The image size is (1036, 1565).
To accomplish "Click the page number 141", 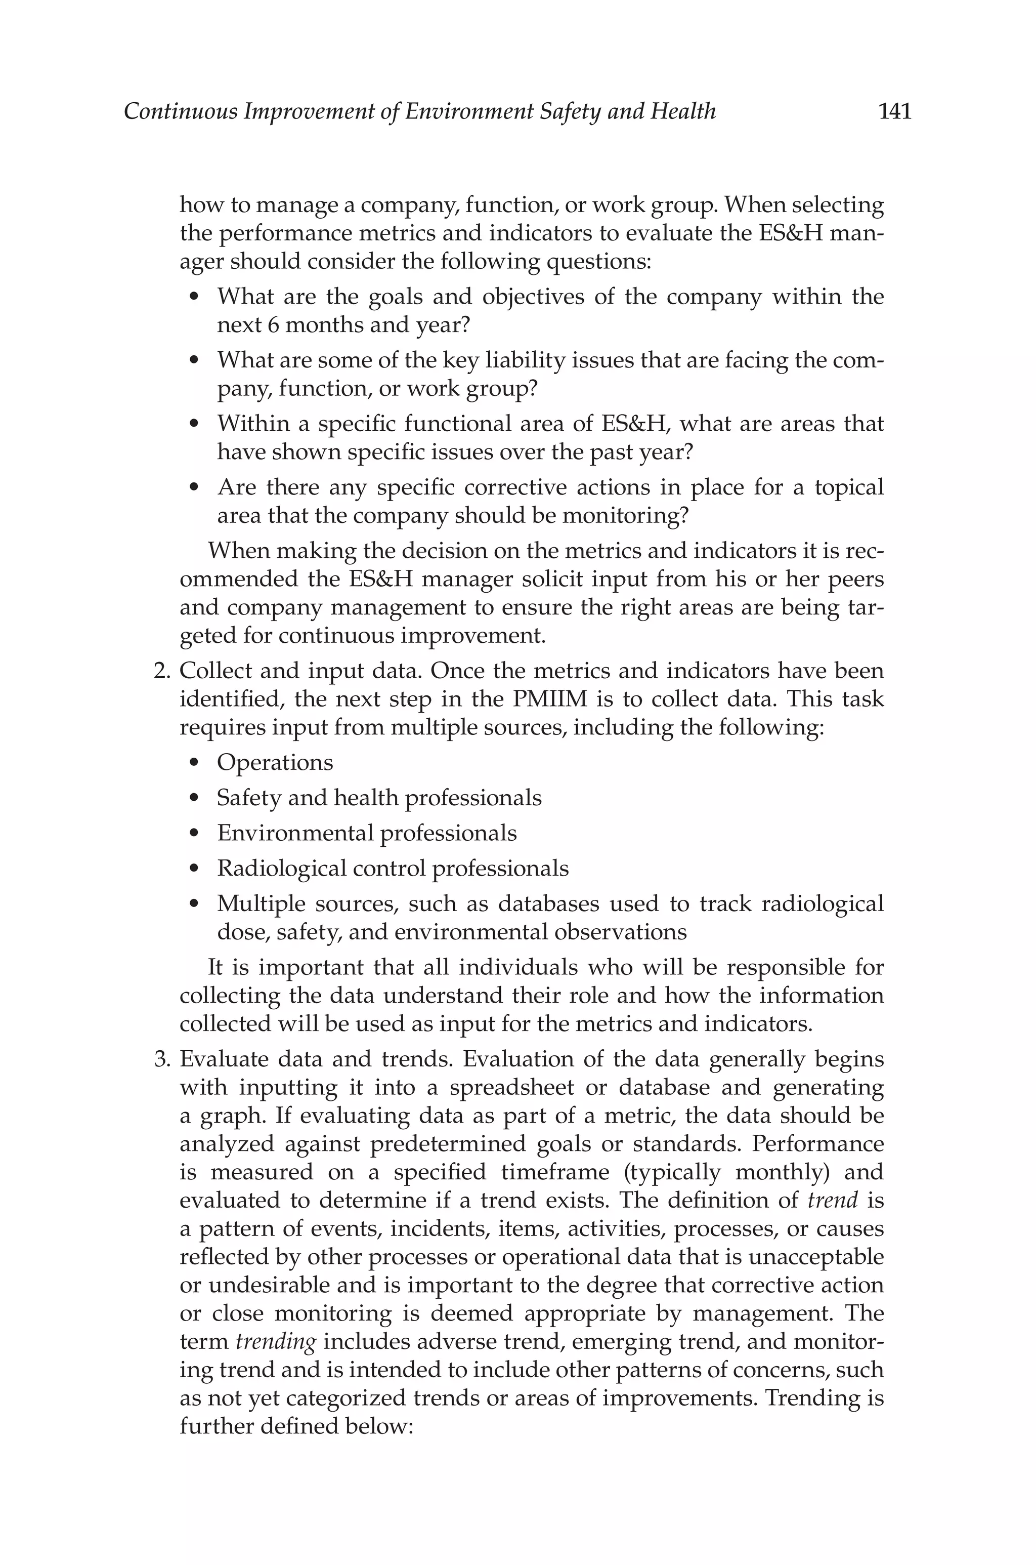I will click(x=894, y=111).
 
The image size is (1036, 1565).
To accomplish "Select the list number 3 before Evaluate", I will click(x=160, y=1059).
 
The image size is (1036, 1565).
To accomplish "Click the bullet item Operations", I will click(x=275, y=763).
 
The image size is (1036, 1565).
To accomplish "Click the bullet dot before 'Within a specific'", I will click(x=194, y=424).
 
